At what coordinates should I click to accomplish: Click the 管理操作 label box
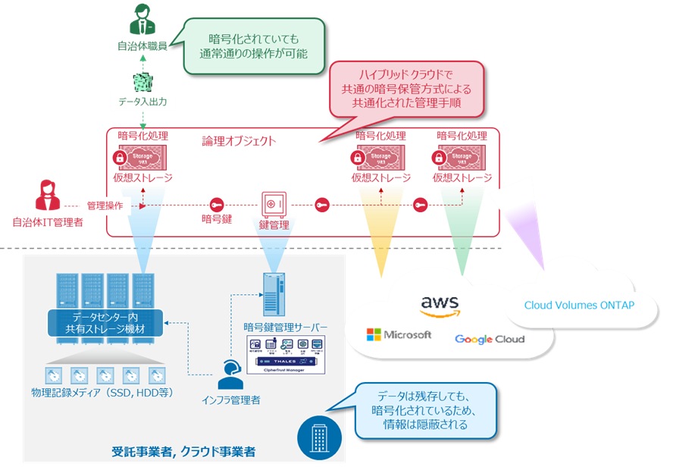coord(105,205)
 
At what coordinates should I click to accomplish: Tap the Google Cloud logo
coord(489,339)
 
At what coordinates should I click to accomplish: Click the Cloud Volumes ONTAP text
coord(579,306)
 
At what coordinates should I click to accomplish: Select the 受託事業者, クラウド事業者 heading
coord(183,452)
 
